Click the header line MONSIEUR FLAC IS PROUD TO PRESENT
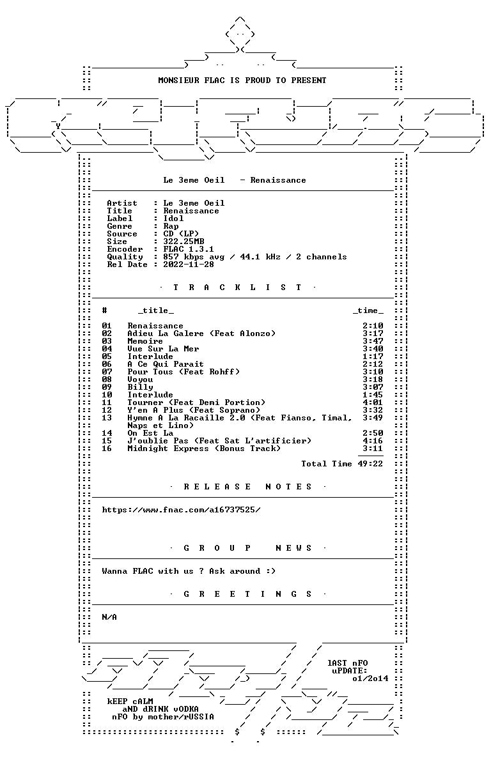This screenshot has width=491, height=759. coord(242,80)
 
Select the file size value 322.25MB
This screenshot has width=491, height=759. coord(183,241)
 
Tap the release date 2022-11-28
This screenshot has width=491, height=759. coord(189,264)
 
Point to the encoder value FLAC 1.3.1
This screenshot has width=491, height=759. coord(189,249)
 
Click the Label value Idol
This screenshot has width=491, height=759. coord(173,218)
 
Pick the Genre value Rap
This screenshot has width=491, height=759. coord(171,226)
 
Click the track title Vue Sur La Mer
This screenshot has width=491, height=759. coord(163,349)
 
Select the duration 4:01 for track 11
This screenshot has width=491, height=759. coord(373,402)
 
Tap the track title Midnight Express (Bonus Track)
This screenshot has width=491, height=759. coord(204,448)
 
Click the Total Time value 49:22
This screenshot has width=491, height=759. coord(370,464)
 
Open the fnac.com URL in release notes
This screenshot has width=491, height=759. coord(181,510)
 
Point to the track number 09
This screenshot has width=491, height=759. coord(107,387)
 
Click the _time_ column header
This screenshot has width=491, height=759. coord(368,310)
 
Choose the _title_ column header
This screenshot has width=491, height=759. coord(155,310)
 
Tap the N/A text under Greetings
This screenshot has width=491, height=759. coord(109,617)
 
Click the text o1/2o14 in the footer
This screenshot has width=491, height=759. coord(370,678)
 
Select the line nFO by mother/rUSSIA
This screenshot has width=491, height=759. coord(162,717)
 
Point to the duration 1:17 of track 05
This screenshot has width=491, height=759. coord(373,356)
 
